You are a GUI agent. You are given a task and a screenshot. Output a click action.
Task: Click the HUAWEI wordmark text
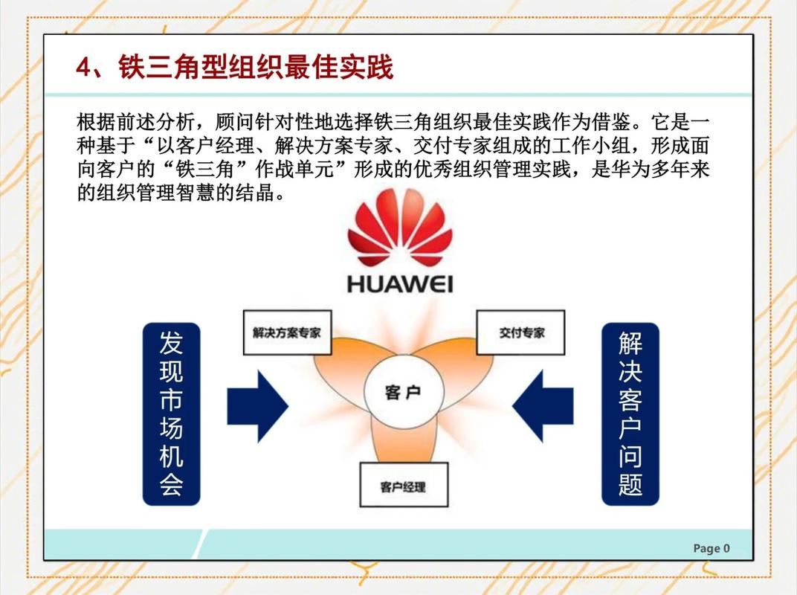(400, 284)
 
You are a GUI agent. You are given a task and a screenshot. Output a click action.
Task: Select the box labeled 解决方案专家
(287, 332)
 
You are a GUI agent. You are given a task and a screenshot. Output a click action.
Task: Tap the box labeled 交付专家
(520, 332)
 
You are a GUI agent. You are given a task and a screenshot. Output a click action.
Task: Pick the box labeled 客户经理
(404, 485)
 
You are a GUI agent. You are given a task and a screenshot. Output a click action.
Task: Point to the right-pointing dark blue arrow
(258, 406)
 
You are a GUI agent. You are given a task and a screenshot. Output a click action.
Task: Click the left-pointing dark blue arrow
(542, 406)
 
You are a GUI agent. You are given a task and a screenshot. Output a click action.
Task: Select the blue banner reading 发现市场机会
(171, 414)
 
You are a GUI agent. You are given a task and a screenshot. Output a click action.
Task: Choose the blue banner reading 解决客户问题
(630, 414)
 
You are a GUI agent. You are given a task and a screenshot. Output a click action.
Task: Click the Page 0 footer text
(712, 548)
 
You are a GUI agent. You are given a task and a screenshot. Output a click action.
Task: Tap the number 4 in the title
(83, 67)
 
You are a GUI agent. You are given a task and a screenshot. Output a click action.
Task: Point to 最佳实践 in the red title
(339, 67)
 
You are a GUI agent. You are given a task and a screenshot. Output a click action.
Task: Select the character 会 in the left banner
(171, 483)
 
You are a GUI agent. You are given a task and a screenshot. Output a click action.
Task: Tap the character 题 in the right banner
(630, 483)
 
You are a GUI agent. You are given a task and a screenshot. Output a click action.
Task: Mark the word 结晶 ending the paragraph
(255, 193)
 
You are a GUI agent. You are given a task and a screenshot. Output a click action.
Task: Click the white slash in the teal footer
(201, 544)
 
